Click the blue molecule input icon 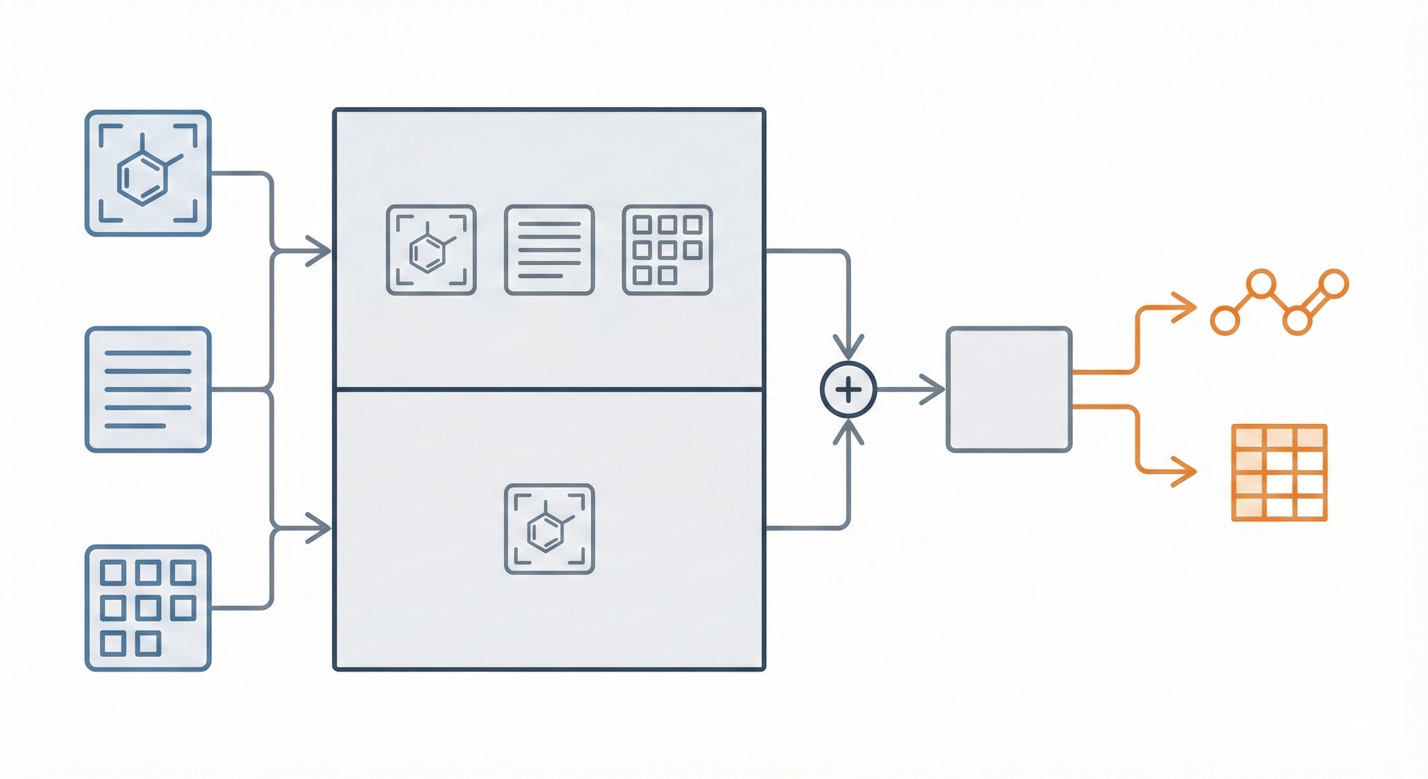148,173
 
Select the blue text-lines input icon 148,389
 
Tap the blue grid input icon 148,608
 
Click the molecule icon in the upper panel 431,250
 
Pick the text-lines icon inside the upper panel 549,250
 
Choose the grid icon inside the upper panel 667,250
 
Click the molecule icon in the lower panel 549,528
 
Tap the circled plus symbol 848,390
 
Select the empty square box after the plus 1008,389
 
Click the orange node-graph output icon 1279,302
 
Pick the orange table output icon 1279,472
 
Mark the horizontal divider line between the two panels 549,390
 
